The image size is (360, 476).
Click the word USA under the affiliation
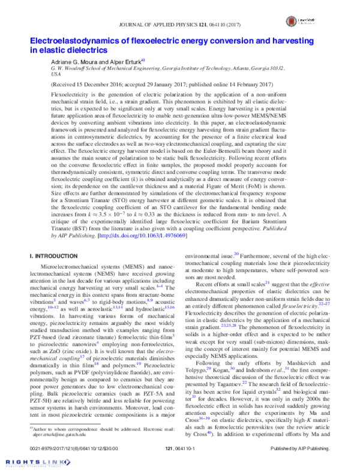pyautogui.click(x=56, y=76)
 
